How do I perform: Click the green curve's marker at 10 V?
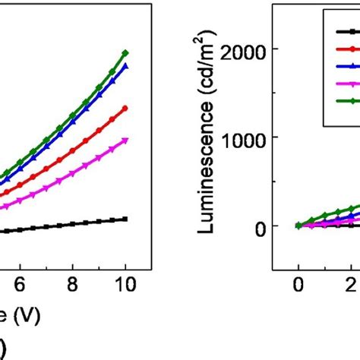pos(125,53)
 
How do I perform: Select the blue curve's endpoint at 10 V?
pos(125,66)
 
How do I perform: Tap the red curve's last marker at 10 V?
pos(125,108)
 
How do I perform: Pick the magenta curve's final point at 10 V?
pos(125,140)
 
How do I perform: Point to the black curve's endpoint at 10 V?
pos(125,219)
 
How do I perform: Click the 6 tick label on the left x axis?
pos(21,283)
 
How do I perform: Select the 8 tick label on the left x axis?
pos(73,283)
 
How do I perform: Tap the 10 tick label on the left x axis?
pos(125,283)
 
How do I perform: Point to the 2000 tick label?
pos(254,49)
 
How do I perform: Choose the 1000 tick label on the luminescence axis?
pos(254,137)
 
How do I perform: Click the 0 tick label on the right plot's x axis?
pos(298,283)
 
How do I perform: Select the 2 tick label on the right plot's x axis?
pos(352,283)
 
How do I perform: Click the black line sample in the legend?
pos(346,31)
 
